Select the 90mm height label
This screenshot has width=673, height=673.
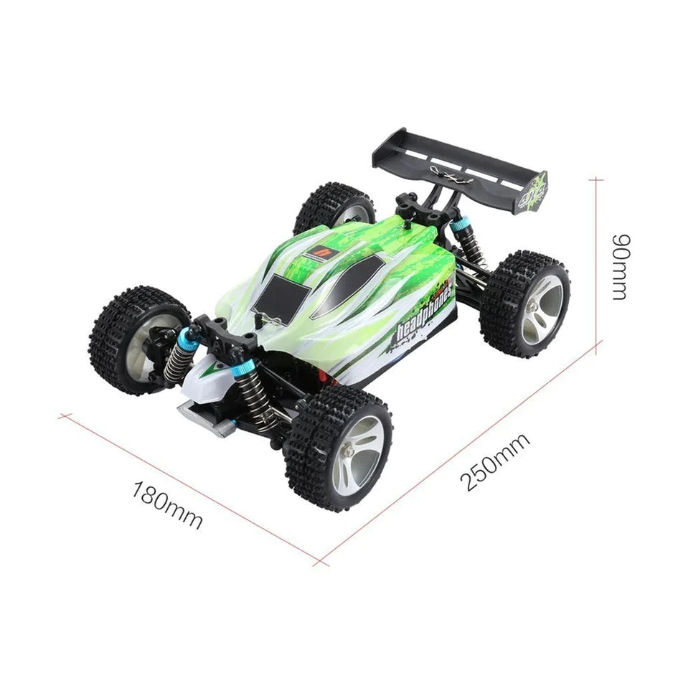click(618, 266)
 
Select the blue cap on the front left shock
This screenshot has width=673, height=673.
click(188, 339)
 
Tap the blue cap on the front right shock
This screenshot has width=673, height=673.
click(243, 370)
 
